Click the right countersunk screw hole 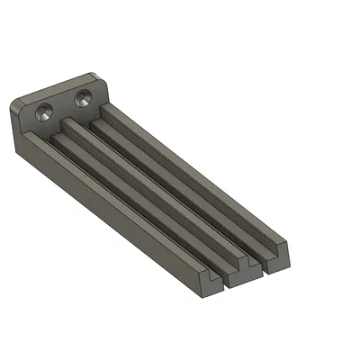[x=85, y=96]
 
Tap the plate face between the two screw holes [x=64, y=105]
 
